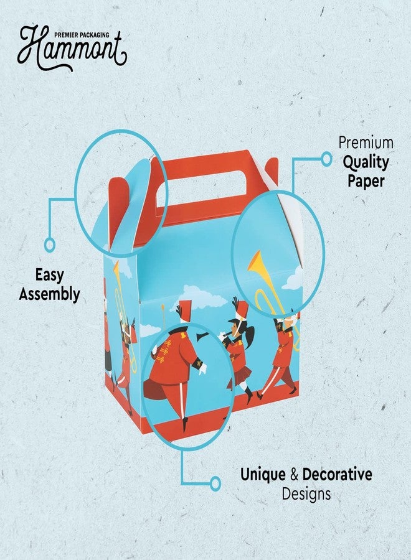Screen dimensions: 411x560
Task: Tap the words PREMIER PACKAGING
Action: coord(82,35)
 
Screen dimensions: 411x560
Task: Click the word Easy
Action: coord(49,276)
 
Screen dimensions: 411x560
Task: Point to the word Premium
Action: coord(366,142)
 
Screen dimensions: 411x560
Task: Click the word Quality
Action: coord(366,162)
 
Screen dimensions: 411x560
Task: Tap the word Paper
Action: coord(366,181)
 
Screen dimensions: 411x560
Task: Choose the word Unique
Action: coord(263,475)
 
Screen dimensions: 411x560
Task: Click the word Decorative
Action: coord(337,475)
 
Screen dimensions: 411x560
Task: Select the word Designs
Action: coord(306,494)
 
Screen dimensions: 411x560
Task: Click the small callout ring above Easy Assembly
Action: coord(50,245)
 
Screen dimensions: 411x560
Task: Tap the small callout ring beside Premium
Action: coord(326,159)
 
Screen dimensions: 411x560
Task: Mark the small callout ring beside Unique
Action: coord(215,483)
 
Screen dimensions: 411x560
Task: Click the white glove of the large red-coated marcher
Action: coord(202,369)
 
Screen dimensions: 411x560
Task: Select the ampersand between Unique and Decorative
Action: coord(294,475)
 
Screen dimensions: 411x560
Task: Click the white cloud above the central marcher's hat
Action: coord(201,296)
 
